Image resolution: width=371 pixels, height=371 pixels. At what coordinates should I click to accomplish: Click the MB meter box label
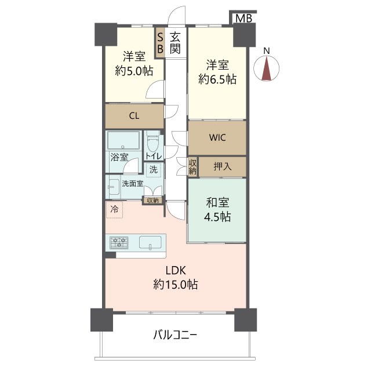click(x=244, y=18)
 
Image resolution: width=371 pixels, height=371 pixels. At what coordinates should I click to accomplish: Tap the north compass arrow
click(x=267, y=68)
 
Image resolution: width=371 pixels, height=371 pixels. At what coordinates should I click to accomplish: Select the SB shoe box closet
click(x=160, y=43)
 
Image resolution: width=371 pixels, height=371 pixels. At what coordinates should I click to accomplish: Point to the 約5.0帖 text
click(x=134, y=71)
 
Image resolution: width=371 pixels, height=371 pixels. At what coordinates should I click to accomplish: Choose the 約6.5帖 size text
click(x=217, y=79)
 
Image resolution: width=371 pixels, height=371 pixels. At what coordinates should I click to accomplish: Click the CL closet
click(x=134, y=116)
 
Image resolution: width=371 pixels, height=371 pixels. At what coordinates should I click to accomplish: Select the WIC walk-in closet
click(x=217, y=138)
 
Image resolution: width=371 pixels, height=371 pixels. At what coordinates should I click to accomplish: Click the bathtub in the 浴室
click(x=123, y=140)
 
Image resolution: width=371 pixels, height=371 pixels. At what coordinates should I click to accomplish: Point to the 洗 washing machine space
click(x=154, y=169)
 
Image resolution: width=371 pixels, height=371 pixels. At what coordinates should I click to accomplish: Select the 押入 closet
click(x=223, y=166)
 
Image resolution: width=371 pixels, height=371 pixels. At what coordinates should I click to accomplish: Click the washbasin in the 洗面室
click(x=114, y=187)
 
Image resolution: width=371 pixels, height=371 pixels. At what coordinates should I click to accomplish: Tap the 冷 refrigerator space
click(x=115, y=209)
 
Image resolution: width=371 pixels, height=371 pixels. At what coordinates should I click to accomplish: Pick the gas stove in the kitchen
click(x=119, y=242)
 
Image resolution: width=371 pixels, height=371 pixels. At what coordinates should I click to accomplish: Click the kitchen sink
click(x=150, y=242)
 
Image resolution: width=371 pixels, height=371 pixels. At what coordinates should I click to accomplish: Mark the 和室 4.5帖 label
click(x=217, y=209)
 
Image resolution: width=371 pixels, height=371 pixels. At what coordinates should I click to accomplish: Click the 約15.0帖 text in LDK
click(x=176, y=284)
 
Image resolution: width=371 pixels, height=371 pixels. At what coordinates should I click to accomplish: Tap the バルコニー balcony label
click(x=175, y=335)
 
